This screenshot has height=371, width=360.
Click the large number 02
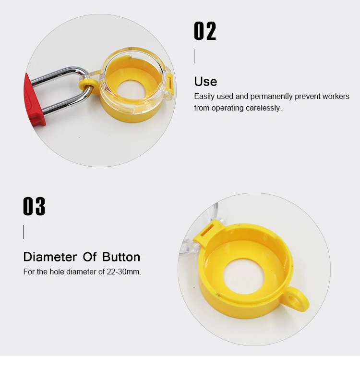pyautogui.click(x=205, y=31)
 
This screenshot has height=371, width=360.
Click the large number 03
pyautogui.click(x=34, y=207)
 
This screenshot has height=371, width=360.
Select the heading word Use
pyautogui.click(x=205, y=81)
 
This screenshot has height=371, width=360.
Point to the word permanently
pyautogui.click(x=271, y=97)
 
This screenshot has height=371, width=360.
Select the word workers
pyautogui.click(x=336, y=97)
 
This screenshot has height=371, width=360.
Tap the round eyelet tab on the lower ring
pyautogui.click(x=296, y=301)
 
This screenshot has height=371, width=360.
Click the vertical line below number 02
pyautogui.click(x=194, y=57)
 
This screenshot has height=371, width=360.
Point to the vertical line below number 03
pyautogui.click(x=24, y=232)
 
